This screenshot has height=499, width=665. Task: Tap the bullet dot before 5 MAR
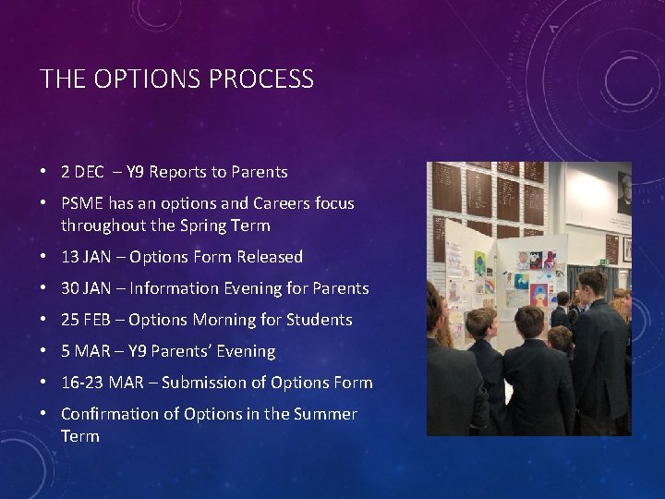[44, 351]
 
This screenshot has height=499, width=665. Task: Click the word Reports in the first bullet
[178, 172]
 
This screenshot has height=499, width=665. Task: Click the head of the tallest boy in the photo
[592, 283]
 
